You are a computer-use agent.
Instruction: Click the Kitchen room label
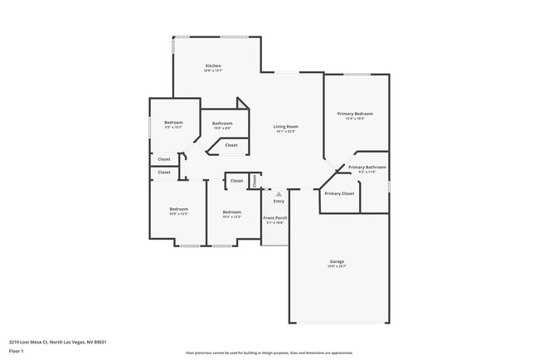(213, 66)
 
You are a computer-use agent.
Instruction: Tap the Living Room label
(285, 126)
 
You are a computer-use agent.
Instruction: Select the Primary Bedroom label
(355, 114)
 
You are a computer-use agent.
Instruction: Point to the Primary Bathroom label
(367, 167)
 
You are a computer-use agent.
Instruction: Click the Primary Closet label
(339, 193)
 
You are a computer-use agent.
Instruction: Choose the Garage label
(337, 261)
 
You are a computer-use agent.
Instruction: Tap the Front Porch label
(275, 217)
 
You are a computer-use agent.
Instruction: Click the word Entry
(279, 201)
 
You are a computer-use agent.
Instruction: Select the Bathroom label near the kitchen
(222, 124)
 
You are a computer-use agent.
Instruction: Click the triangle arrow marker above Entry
(267, 193)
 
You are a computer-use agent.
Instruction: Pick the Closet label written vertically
(255, 179)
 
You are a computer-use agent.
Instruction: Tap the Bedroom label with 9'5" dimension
(173, 123)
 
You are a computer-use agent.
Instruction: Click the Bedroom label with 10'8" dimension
(179, 209)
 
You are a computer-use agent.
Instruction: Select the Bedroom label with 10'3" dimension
(231, 212)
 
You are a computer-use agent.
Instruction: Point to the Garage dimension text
(337, 266)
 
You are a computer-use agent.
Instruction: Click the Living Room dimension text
(285, 131)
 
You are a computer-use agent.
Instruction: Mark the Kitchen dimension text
(213, 71)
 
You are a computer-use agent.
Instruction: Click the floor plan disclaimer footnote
(269, 353)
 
